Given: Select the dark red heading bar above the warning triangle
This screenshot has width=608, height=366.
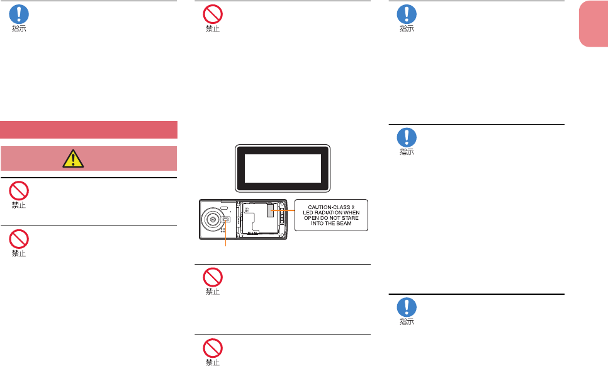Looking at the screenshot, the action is click(x=89, y=129).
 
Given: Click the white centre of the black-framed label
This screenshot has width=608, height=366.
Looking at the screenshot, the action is click(x=282, y=168).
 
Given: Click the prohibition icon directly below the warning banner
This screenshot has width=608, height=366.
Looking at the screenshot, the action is click(x=20, y=190).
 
